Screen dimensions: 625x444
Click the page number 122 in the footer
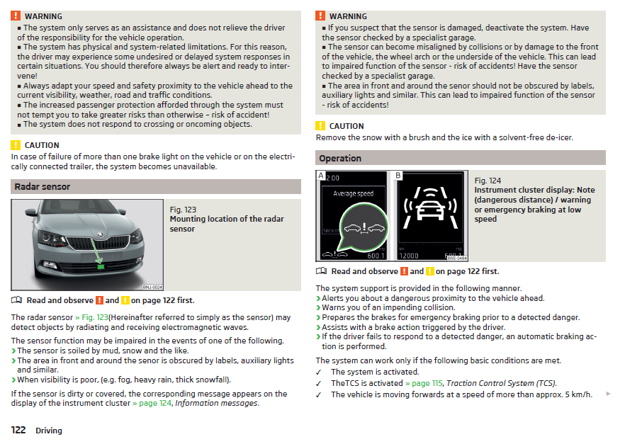(18, 430)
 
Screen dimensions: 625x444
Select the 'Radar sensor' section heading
(43, 186)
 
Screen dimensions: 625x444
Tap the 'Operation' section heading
(340, 158)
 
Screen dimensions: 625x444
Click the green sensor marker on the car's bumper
(101, 266)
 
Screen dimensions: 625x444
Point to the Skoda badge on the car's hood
(101, 234)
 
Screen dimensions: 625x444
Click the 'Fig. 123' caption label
(183, 210)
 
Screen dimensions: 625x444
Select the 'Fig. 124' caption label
(488, 181)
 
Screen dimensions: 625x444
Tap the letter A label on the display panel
(321, 175)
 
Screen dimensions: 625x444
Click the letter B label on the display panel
(398, 175)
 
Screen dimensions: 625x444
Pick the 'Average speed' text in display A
(354, 193)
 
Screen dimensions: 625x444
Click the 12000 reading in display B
(409, 256)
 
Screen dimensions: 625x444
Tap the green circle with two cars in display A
(364, 227)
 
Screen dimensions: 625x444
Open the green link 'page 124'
(152, 403)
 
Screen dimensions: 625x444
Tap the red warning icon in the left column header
(16, 16)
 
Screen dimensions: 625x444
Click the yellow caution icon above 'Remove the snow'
(320, 126)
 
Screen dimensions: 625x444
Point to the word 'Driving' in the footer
(49, 431)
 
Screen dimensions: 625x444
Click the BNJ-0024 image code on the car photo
(152, 287)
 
